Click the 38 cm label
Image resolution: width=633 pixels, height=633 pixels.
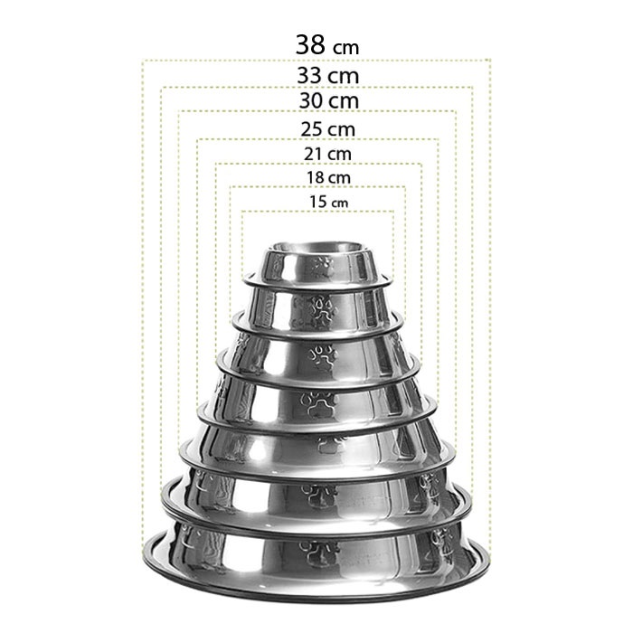point(327,44)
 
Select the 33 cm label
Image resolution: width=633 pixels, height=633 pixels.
point(327,75)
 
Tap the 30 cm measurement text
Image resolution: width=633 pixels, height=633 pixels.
point(328,100)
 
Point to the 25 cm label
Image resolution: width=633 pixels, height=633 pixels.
point(327,129)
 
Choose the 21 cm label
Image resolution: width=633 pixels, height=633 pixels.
point(327,154)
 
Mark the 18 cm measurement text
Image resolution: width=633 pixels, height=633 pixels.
point(328,177)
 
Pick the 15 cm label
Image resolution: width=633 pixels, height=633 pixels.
point(328,202)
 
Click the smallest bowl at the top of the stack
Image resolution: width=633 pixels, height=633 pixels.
point(317,264)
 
